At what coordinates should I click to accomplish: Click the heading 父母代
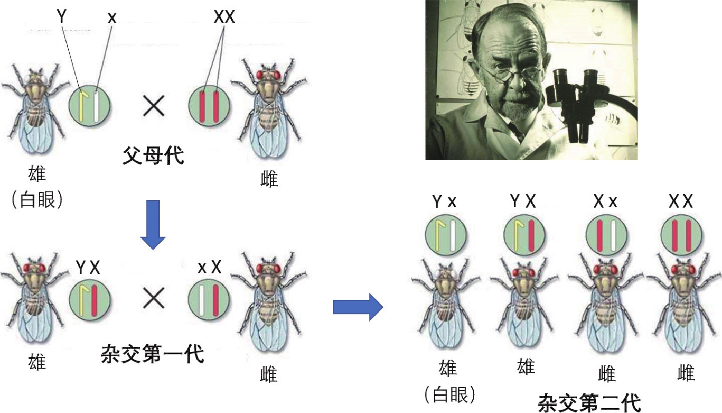(x=153, y=157)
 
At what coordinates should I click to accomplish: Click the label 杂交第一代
(x=153, y=354)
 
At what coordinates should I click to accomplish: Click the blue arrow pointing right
(x=358, y=307)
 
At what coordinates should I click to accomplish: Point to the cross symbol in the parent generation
(x=154, y=107)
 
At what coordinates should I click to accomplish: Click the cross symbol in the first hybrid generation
(x=154, y=299)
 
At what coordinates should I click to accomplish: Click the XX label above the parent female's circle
(x=224, y=17)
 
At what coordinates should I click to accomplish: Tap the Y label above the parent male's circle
(x=62, y=17)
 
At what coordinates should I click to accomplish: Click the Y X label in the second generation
(x=523, y=201)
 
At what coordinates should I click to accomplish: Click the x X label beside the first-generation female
(x=210, y=268)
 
